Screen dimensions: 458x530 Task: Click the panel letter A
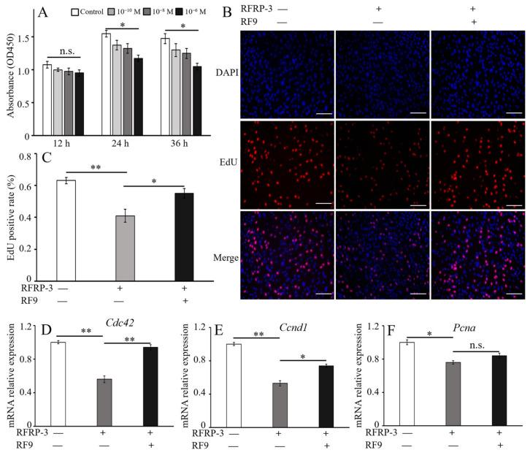[x=43, y=12]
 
